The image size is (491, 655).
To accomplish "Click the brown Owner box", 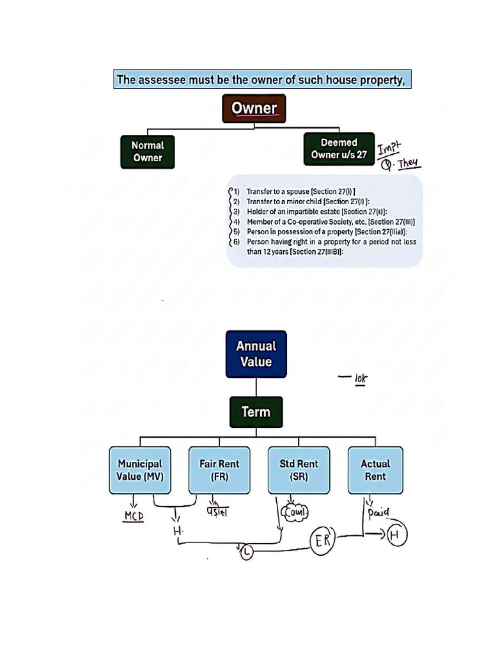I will [x=254, y=108].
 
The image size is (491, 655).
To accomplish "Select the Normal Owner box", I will [x=147, y=152].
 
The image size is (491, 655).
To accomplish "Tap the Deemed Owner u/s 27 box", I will [x=338, y=148].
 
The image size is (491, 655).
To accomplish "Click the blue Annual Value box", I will [x=256, y=354].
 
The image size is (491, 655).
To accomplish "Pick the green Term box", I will [x=256, y=412].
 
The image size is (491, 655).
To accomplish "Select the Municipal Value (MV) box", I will [x=140, y=470].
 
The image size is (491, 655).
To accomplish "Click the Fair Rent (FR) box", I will [x=219, y=470].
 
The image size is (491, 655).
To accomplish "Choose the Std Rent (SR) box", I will [x=299, y=470].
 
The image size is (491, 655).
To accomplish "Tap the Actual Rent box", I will [x=375, y=470].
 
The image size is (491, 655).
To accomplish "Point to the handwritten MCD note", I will [x=133, y=516].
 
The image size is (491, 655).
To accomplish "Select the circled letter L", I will [x=247, y=552].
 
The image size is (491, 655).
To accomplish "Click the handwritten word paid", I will [x=378, y=512].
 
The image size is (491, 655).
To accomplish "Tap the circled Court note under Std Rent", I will [x=295, y=512].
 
